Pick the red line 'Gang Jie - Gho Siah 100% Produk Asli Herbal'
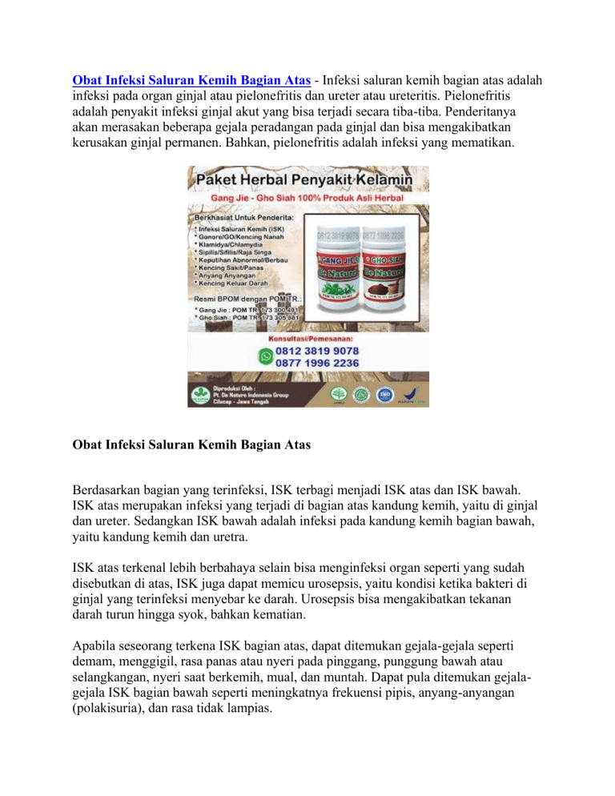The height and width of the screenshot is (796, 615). pos(308,198)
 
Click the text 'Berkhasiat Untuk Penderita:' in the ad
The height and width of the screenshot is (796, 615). pos(240,216)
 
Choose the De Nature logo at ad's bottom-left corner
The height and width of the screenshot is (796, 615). pos(201,393)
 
